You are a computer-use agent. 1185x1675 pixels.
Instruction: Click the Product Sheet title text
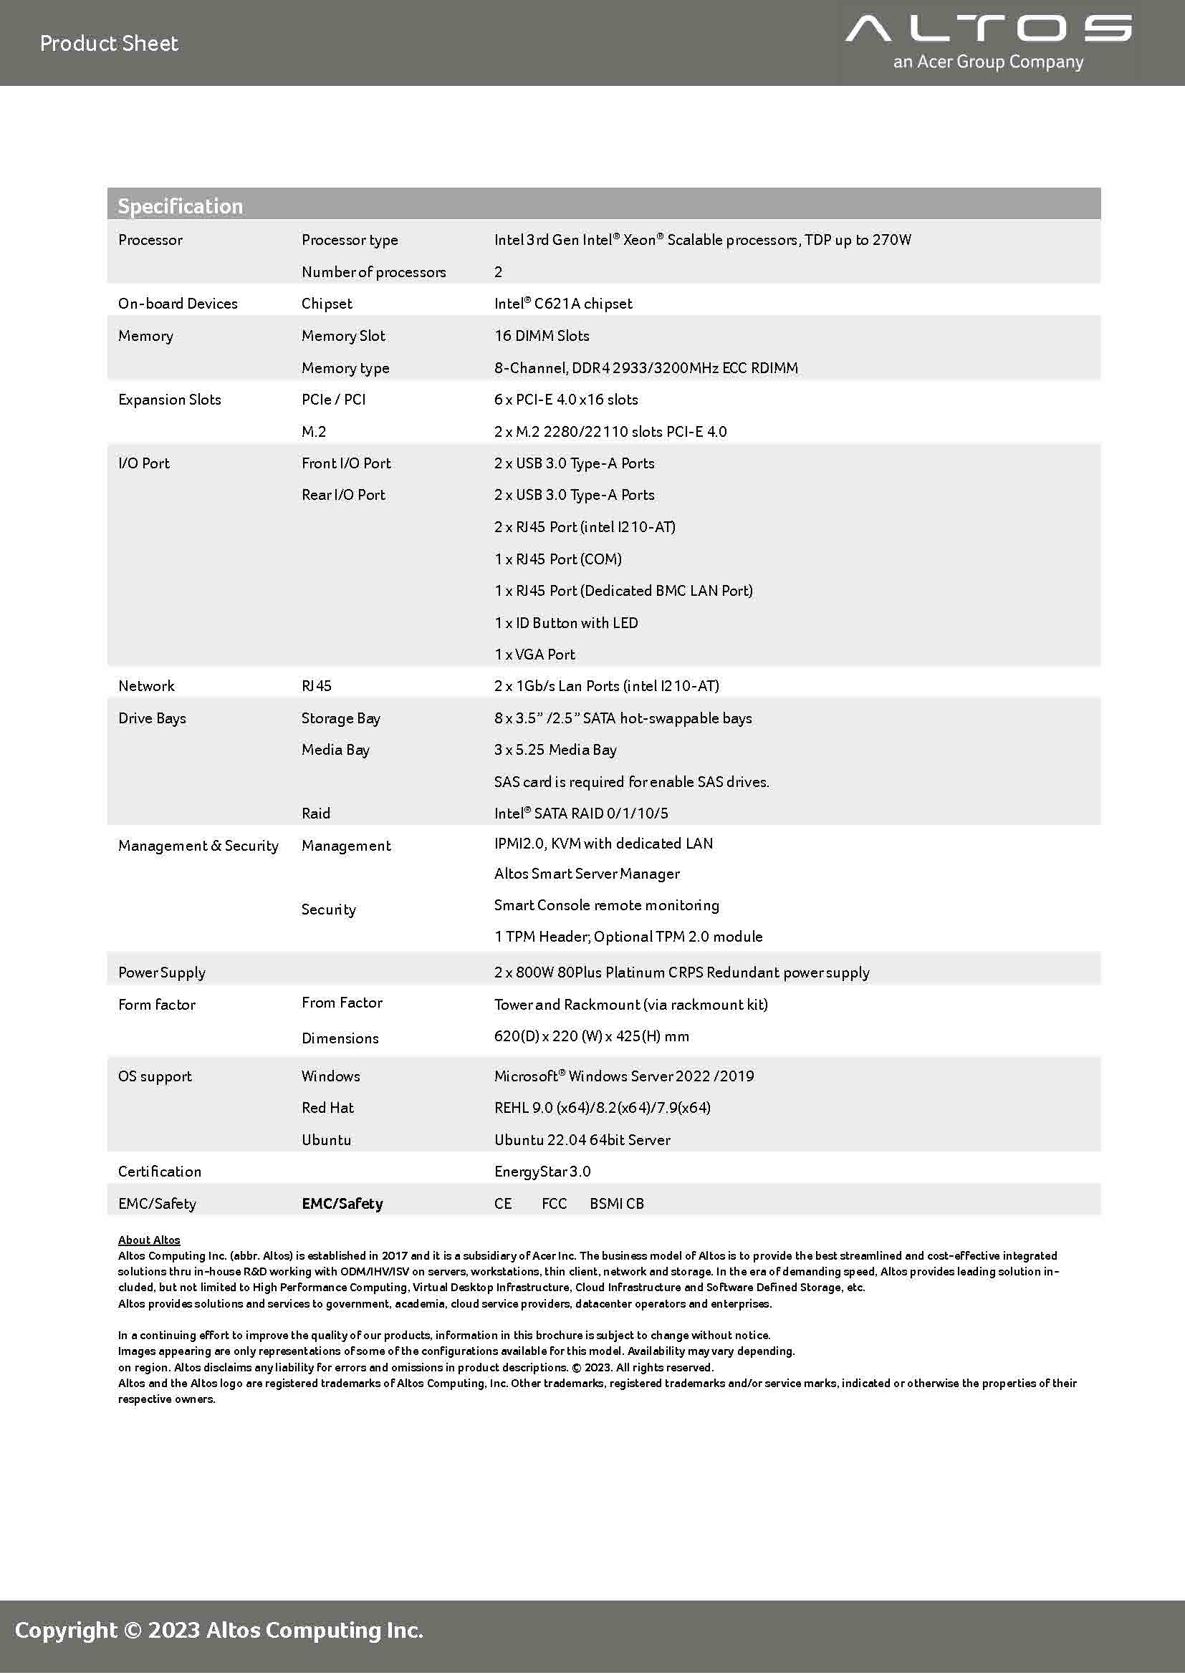[109, 44]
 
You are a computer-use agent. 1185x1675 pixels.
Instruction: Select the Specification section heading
[181, 206]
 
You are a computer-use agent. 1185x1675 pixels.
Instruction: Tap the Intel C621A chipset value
[562, 304]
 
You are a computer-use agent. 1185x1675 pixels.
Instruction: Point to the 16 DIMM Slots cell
[542, 336]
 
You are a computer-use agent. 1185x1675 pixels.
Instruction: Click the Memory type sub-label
[345, 367]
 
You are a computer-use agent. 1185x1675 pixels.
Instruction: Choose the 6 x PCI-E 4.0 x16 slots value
[565, 400]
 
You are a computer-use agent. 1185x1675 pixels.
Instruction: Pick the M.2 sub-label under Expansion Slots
[314, 432]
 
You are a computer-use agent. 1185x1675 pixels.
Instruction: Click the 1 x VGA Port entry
[534, 655]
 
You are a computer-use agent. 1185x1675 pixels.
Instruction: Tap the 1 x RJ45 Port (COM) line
[557, 559]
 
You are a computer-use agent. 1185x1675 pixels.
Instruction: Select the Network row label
[147, 686]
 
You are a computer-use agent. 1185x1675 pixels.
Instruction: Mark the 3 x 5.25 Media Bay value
[555, 750]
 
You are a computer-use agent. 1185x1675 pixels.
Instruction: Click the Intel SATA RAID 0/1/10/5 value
[581, 814]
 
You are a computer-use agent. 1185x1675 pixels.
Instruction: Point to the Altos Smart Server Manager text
[587, 873]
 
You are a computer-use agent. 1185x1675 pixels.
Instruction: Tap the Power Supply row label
[162, 972]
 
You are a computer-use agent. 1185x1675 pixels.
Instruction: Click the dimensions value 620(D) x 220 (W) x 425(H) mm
[591, 1036]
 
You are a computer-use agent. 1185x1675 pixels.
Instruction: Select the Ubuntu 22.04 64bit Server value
[582, 1139]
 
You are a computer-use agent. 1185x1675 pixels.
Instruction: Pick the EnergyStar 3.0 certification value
[542, 1172]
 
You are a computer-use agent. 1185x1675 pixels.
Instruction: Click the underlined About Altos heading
[149, 1240]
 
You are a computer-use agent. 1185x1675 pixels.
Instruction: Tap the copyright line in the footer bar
[219, 1630]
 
